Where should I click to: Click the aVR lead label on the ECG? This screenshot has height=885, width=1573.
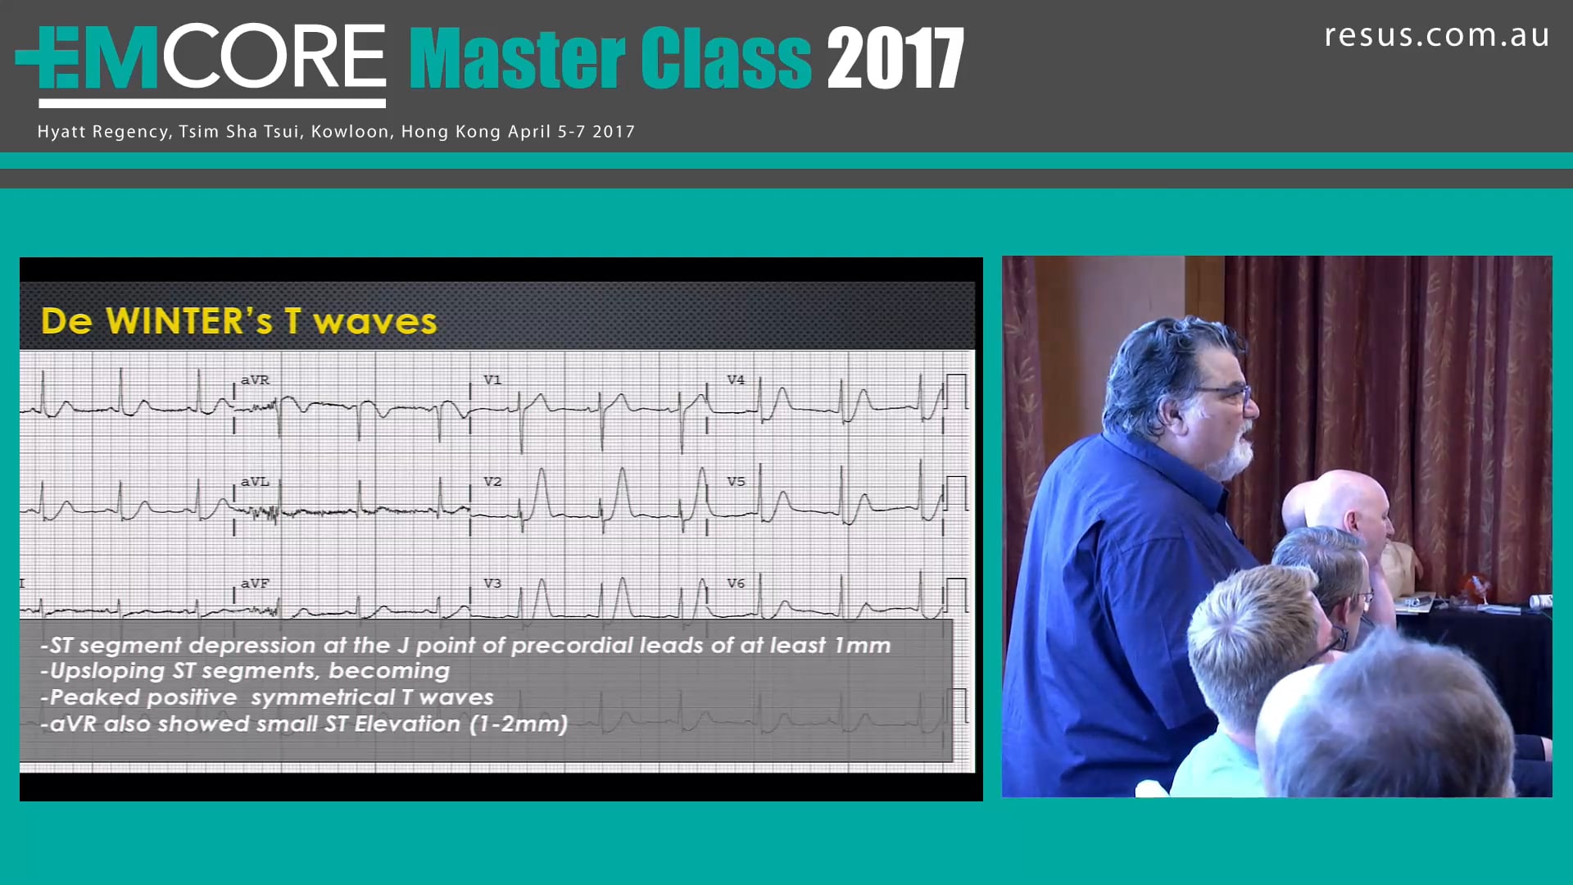[255, 380]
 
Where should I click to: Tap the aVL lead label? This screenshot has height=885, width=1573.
[255, 482]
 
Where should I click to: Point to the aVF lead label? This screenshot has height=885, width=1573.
[255, 583]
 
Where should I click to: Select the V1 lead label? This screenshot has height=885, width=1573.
[492, 380]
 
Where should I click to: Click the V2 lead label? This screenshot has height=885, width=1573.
[492, 482]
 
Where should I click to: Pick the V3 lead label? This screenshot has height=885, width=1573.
[492, 583]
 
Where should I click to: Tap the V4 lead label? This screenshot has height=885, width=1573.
[736, 380]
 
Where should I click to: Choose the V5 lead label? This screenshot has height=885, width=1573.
[736, 482]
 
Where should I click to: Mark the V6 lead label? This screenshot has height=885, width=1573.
[736, 583]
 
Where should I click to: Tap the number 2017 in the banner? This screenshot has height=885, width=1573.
[895, 59]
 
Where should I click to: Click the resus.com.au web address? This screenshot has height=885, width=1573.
[1436, 36]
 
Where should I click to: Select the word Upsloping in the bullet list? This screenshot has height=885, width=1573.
[107, 671]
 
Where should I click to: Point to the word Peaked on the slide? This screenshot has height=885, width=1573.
[95, 697]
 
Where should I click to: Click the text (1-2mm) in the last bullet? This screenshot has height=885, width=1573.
[519, 724]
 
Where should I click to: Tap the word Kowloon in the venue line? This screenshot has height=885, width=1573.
[350, 132]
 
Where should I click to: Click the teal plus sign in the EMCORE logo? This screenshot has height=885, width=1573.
[41, 57]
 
